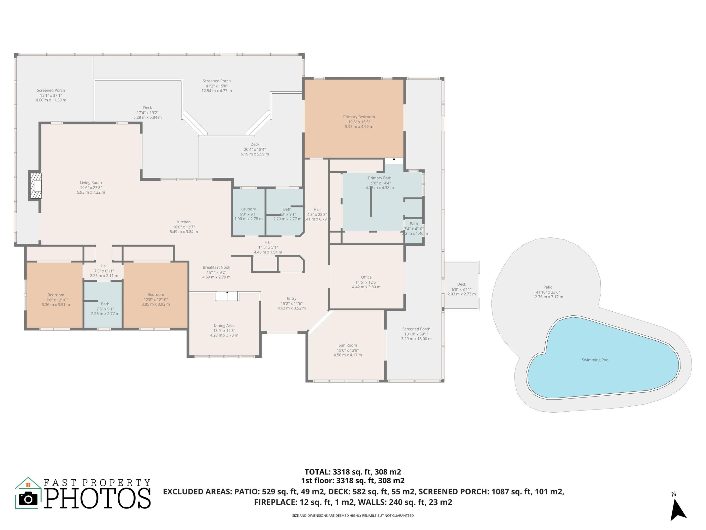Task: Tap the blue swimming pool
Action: pos(600,361)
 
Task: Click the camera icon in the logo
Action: pos(28,499)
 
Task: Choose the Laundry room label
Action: pos(248,209)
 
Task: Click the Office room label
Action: pos(366,277)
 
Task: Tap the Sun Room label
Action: pos(348,345)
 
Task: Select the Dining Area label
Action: pos(224,326)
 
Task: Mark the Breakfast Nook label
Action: pos(216,267)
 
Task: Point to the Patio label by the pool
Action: pos(548,287)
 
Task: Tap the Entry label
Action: pos(291,298)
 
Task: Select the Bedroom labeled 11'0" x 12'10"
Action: pos(56,295)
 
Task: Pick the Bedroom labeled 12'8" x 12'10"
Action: pos(156,294)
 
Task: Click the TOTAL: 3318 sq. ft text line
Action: pos(353,472)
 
